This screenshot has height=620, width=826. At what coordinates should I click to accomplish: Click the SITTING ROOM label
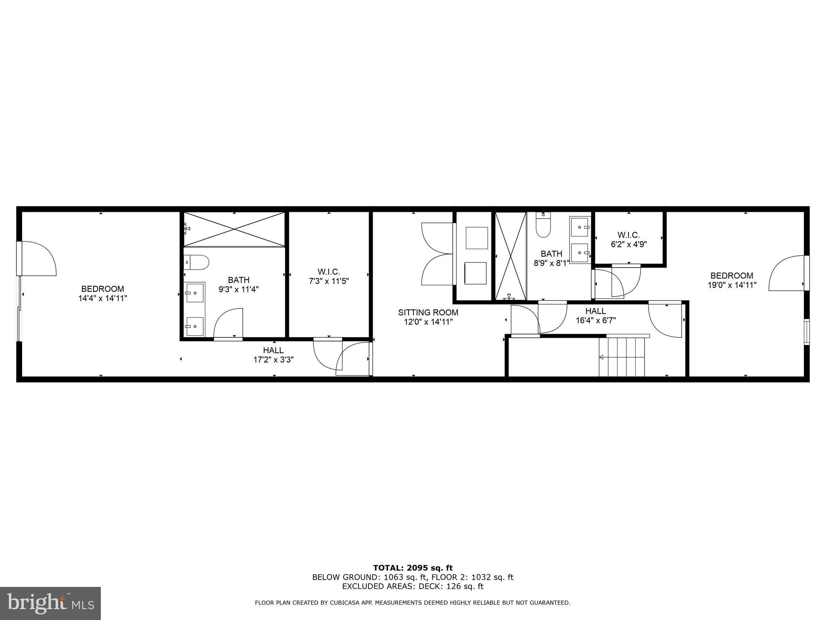click(428, 312)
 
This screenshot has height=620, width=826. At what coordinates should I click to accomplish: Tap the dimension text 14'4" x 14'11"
click(102, 299)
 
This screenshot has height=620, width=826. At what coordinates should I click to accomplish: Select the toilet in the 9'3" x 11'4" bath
click(196, 262)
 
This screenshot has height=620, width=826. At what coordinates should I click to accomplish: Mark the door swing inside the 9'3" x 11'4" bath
click(228, 323)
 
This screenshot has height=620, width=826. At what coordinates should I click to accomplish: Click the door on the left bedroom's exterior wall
click(36, 259)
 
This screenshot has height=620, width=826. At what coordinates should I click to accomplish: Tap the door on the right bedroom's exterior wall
click(787, 273)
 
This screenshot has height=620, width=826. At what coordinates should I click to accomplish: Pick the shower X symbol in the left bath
click(234, 229)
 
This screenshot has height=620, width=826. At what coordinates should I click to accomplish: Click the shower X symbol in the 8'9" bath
click(511, 256)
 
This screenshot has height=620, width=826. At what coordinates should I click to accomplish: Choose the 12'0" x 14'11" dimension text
click(428, 322)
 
